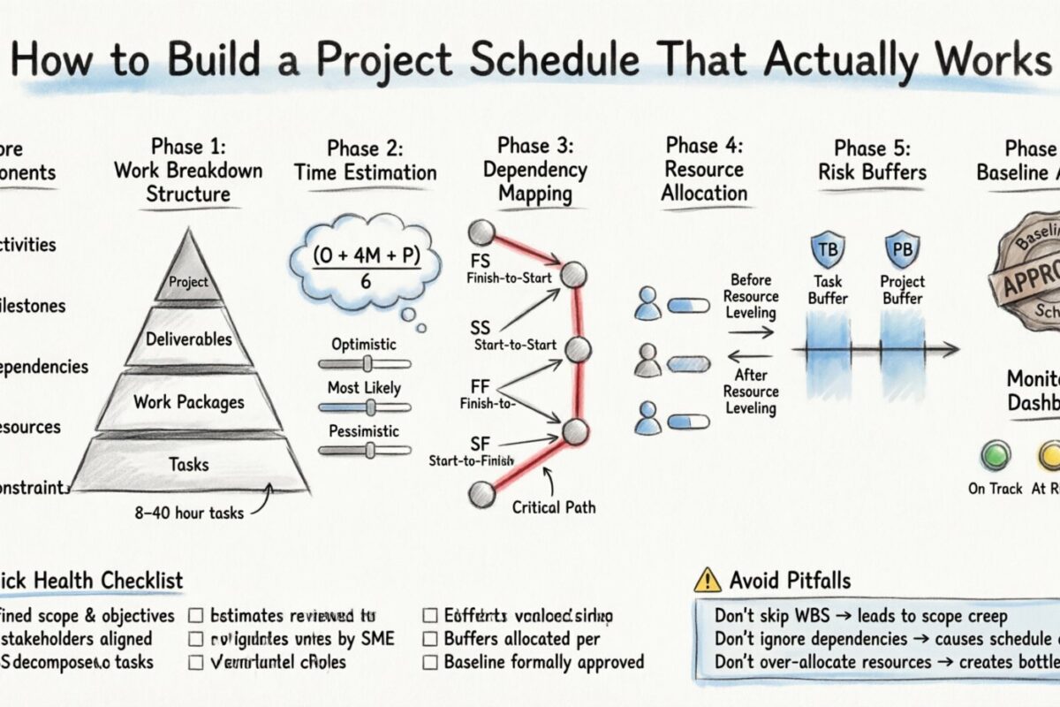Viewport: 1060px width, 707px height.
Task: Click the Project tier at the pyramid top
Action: click(188, 281)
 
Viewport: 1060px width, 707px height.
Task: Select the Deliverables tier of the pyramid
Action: click(189, 339)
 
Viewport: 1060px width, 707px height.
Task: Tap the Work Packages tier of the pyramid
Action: click(188, 402)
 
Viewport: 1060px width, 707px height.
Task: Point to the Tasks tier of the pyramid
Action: click(189, 464)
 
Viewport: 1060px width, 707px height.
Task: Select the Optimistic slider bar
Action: click(364, 364)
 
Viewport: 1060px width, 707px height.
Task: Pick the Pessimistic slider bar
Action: click(364, 450)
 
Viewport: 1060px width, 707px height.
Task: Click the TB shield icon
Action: click(828, 250)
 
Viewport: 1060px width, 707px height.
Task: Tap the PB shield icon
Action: click(902, 250)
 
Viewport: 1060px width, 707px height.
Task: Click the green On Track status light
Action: click(995, 455)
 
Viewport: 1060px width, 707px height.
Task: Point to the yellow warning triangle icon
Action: click(708, 580)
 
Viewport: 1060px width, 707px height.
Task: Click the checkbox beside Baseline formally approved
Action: click(430, 661)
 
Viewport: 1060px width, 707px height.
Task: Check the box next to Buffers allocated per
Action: click(430, 638)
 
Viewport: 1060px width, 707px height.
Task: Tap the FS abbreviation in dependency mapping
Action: click(480, 262)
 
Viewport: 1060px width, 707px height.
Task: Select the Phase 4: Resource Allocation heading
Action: click(704, 169)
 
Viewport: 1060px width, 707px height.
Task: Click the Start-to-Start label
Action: click(515, 344)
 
